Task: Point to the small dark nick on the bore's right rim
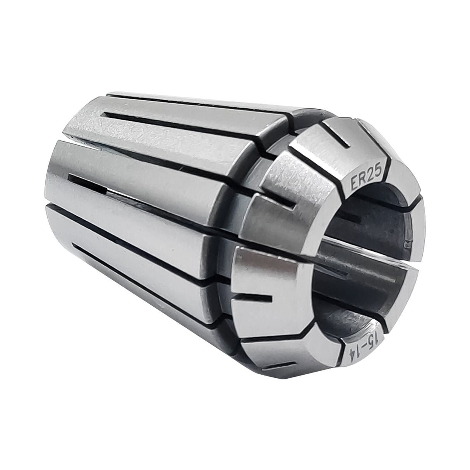click(x=407, y=243)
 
